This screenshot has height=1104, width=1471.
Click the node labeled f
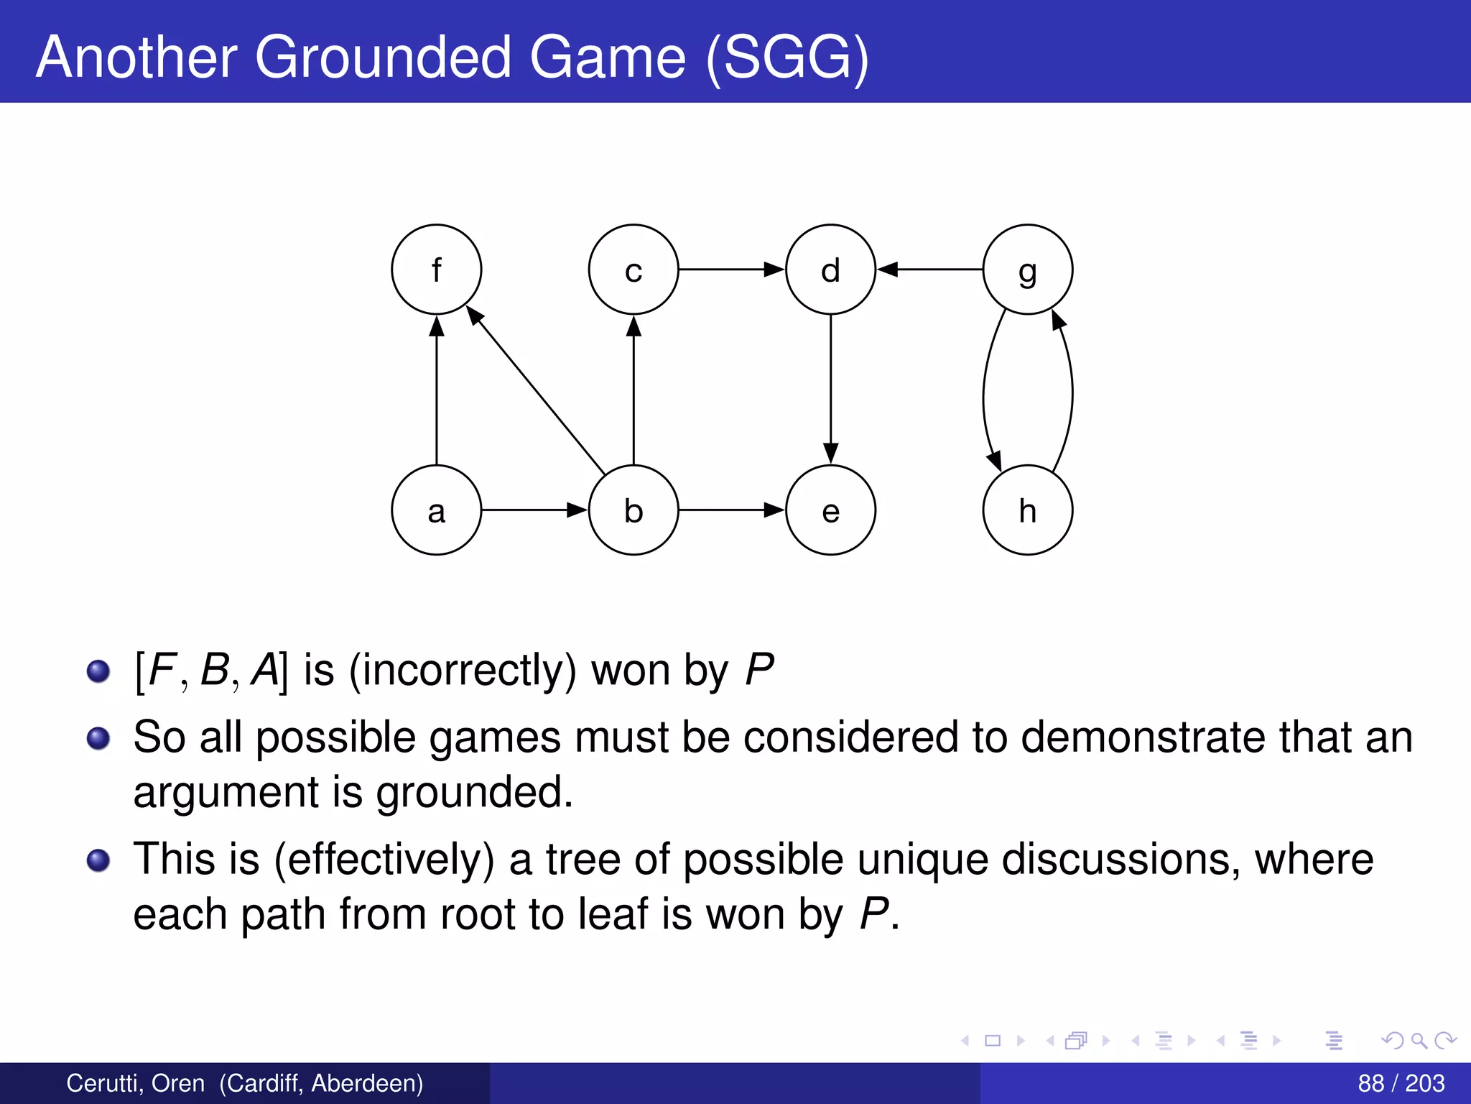pos(436,270)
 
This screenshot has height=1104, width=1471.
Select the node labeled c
pos(633,270)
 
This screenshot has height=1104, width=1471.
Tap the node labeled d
pos(830,270)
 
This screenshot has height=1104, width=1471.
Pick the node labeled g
pos(1027,270)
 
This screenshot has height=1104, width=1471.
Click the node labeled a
pos(436,510)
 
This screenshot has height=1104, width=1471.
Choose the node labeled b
pos(633,510)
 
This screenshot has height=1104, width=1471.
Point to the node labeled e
pos(830,510)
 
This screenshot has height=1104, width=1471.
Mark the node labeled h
pos(1027,510)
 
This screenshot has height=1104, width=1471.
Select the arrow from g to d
pos(929,270)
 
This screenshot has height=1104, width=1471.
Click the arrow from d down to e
pos(830,389)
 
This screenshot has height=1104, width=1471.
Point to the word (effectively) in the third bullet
pos(384,860)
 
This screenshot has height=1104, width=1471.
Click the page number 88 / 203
pos(1401,1083)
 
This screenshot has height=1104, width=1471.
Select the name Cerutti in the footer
pos(101,1083)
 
